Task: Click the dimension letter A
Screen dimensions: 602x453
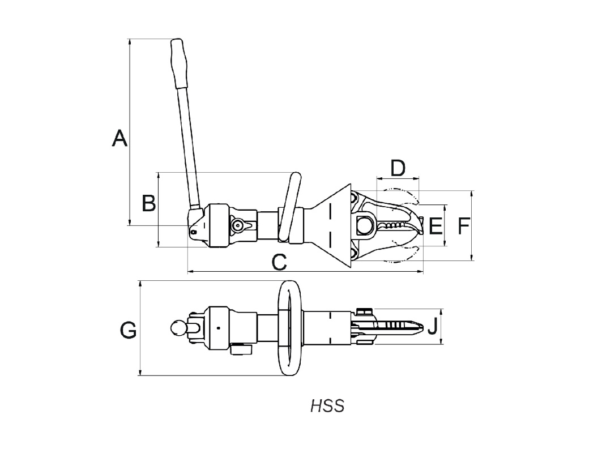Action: pos(119,139)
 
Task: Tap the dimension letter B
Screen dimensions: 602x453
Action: pos(149,203)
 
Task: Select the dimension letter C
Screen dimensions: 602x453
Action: pos(279,263)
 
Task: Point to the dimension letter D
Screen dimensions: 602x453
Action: pos(398,169)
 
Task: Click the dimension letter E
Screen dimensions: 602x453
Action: pos(436,225)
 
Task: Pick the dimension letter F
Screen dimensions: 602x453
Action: pos(464,225)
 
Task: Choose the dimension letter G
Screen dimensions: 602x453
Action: pos(128,330)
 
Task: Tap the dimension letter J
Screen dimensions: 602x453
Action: pos(433,327)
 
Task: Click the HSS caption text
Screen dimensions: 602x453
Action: pos(327,406)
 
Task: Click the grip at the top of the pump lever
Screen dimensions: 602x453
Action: pos(180,63)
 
